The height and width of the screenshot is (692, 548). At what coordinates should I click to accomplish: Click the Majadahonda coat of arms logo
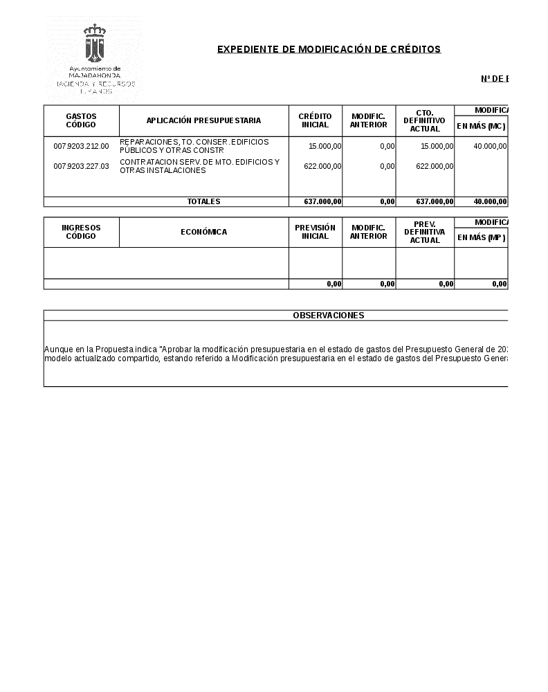(95, 43)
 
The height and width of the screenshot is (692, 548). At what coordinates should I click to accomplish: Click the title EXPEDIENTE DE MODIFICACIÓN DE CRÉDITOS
(329, 49)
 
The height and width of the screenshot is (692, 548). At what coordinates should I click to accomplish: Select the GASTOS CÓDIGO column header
(81, 120)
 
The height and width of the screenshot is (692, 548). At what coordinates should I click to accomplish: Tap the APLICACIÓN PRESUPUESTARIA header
(203, 120)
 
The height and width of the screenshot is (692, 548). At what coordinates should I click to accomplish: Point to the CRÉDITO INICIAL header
(315, 120)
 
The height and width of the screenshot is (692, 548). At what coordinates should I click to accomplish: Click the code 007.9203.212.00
(81, 146)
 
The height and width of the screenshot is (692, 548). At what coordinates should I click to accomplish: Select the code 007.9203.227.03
(81, 166)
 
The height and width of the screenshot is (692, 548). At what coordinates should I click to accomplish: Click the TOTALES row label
(203, 202)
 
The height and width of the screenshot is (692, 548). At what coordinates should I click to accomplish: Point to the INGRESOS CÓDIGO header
(81, 232)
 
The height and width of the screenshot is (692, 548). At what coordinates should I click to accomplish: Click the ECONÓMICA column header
(203, 232)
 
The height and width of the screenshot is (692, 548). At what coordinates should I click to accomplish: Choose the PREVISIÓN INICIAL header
(315, 232)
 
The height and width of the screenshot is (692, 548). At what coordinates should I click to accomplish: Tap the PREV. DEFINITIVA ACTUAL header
(425, 232)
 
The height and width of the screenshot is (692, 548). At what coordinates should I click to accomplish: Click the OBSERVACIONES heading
(328, 316)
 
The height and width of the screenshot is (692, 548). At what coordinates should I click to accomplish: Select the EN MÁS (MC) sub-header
(481, 126)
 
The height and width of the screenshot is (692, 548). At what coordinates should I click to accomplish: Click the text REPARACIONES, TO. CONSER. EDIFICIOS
(194, 142)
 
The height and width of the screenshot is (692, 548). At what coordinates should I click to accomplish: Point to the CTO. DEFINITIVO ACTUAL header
(425, 120)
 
